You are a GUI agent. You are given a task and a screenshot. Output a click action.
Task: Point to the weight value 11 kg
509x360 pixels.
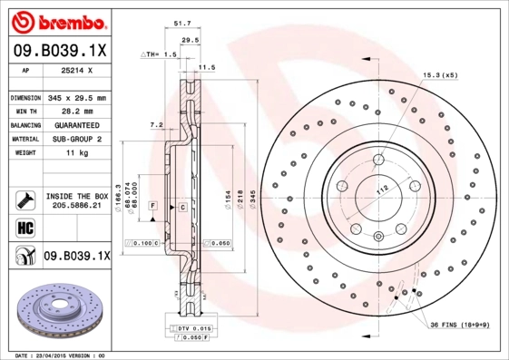[x=77, y=154]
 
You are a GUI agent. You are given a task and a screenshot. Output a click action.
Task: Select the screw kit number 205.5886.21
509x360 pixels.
[x=77, y=207]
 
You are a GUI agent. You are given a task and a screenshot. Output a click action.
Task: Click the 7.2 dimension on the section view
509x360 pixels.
[x=155, y=124]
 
